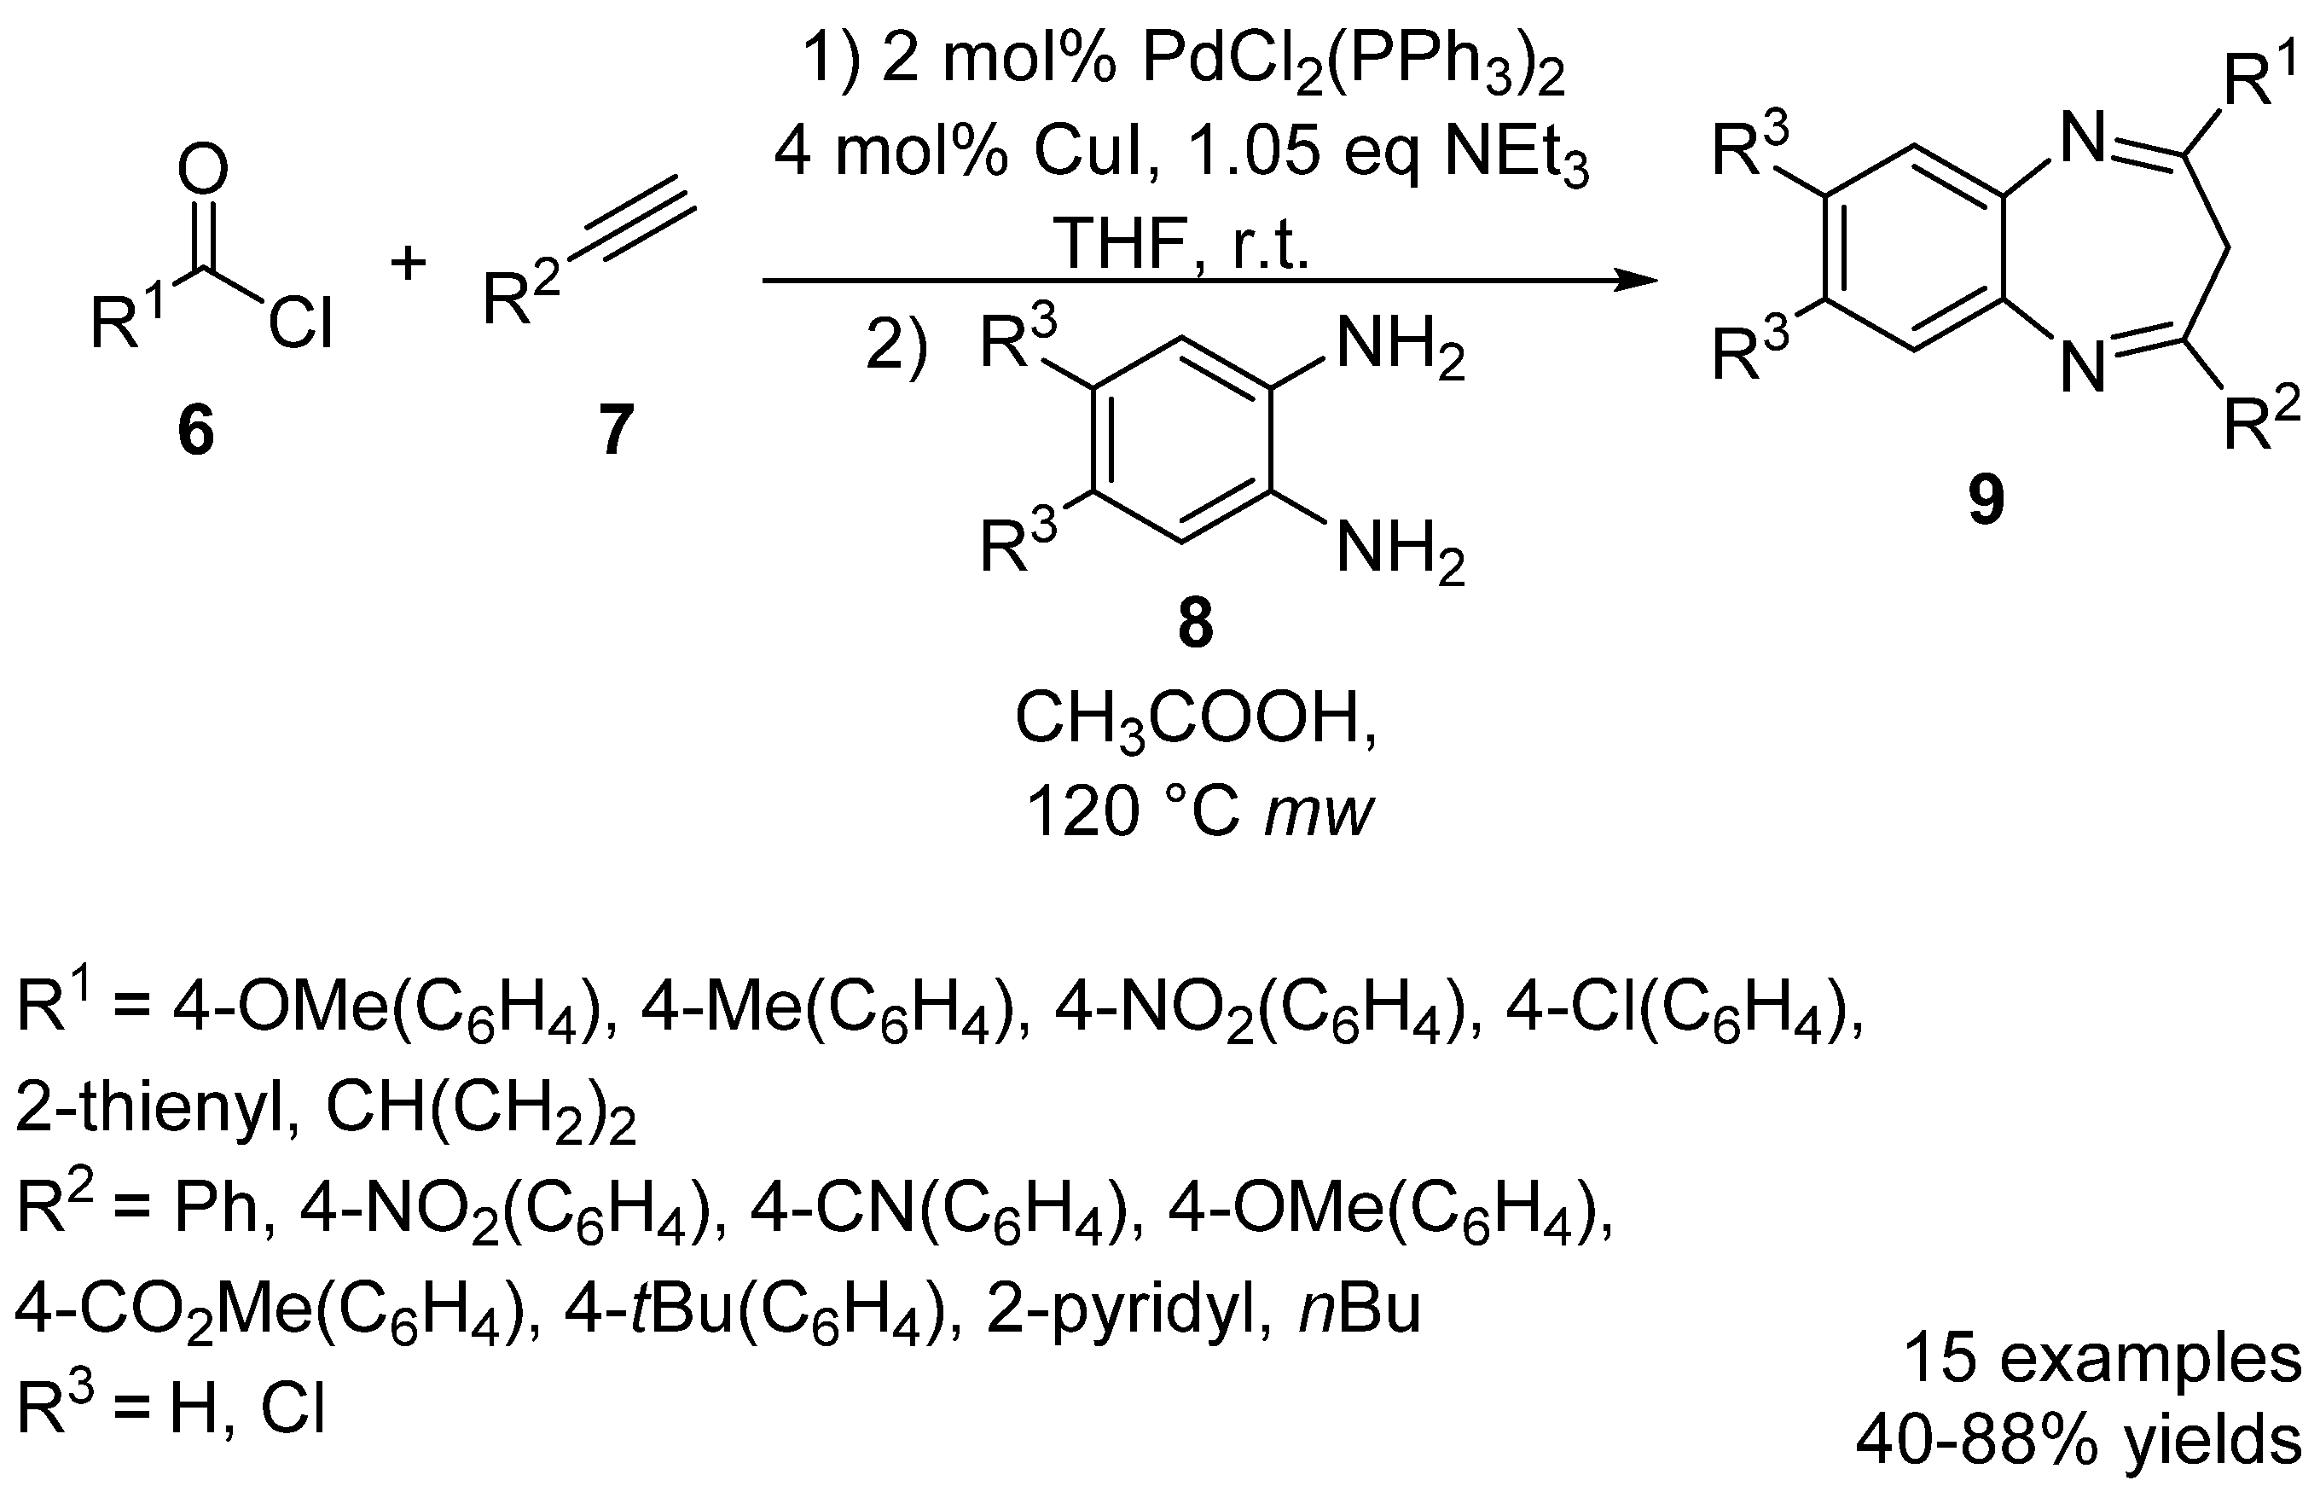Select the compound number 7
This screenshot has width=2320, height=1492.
click(x=616, y=430)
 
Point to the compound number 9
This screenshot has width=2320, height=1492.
click(x=1986, y=501)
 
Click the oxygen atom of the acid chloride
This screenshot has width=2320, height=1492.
click(x=202, y=171)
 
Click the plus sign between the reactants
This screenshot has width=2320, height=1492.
click(x=409, y=264)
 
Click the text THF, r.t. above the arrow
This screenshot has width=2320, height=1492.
click(x=1182, y=242)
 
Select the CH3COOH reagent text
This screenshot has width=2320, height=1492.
click(x=1195, y=721)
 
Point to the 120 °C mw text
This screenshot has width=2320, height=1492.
click(x=1199, y=811)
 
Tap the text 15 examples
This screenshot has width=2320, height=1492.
click(x=2102, y=1358)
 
